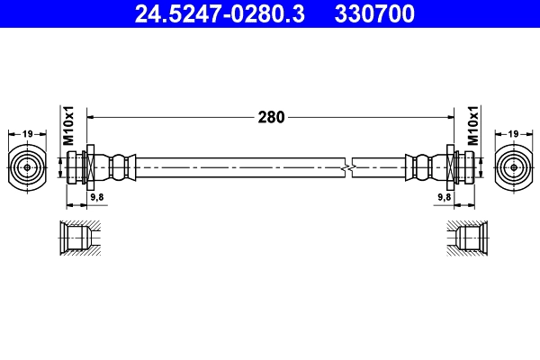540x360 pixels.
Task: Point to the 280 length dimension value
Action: [x=271, y=117]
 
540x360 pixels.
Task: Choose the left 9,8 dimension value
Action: [x=96, y=196]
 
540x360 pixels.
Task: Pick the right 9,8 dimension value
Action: [x=444, y=196]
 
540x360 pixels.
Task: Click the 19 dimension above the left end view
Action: [x=27, y=134]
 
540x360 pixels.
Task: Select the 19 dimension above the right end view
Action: [x=513, y=134]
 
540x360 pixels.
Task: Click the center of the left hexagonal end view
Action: [x=27, y=166]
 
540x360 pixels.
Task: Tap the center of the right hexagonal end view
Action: [x=513, y=166]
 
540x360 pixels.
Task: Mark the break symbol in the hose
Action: [x=349, y=166]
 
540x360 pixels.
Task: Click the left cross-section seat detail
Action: [x=79, y=238]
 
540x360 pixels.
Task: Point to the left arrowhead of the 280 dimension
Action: [x=93, y=117]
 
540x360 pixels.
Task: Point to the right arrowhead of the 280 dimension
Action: [x=447, y=117]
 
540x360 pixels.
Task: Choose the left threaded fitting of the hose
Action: [x=81, y=166]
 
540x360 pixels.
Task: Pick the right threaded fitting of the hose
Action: [x=459, y=166]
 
